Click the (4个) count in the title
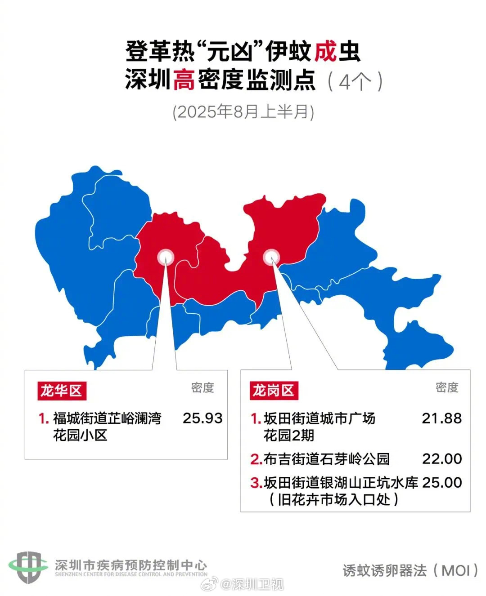pyautogui.click(x=355, y=81)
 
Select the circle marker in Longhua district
pyautogui.click(x=166, y=257)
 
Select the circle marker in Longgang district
pyautogui.click(x=271, y=257)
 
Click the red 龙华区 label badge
pyautogui.click(x=61, y=391)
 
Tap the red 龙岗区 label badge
pyautogui.click(x=273, y=391)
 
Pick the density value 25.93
pyautogui.click(x=202, y=418)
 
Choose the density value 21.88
pyautogui.click(x=441, y=418)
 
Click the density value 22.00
pyautogui.click(x=441, y=459)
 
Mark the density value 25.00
pyautogui.click(x=441, y=483)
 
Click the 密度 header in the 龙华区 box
pyautogui.click(x=202, y=387)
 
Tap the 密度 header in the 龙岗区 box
pyautogui.click(x=447, y=387)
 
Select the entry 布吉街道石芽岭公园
pyautogui.click(x=326, y=459)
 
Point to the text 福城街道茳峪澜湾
pyautogui.click(x=107, y=418)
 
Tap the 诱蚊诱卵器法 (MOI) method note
pyautogui.click(x=410, y=570)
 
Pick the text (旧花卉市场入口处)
pyautogui.click(x=333, y=499)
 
